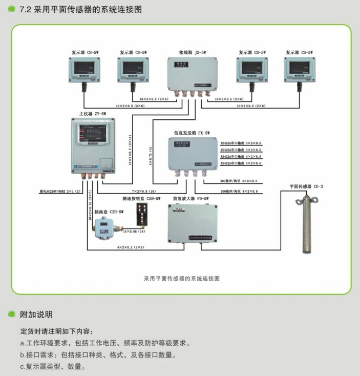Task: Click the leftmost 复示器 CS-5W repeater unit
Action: pos(84,70)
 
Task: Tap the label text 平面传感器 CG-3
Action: pos(306,187)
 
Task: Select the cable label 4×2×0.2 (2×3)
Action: pos(131,247)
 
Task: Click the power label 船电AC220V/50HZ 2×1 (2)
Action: pos(60,191)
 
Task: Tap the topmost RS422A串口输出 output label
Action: pos(241,143)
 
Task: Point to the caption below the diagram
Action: pos(182,279)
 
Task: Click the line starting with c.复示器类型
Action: pos(52,367)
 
